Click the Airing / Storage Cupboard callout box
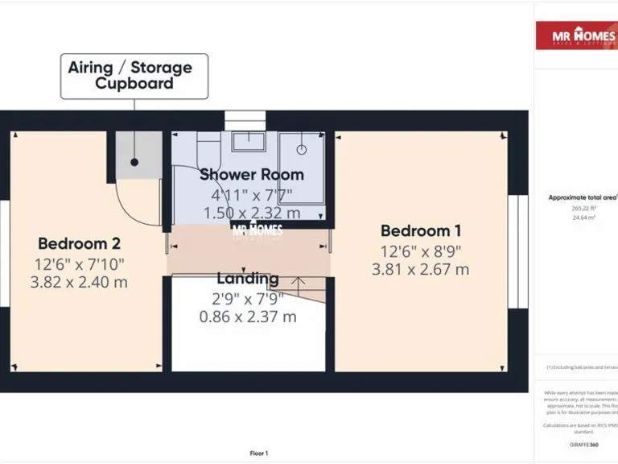tap(134, 77)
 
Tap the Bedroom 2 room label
tap(79, 243)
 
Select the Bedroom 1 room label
tap(420, 230)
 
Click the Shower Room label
tap(252, 174)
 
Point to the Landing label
tap(248, 279)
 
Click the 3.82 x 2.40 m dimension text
tap(79, 282)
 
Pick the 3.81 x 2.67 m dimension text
tap(420, 269)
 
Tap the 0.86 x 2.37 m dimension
tap(248, 317)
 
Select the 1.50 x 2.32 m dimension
tap(252, 213)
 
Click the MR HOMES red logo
tap(576, 36)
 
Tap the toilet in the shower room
tap(208, 150)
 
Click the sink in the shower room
tap(249, 142)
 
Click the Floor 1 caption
tap(259, 454)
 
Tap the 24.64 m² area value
tap(583, 217)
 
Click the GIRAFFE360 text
tap(583, 445)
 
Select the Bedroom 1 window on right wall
tap(521, 251)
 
